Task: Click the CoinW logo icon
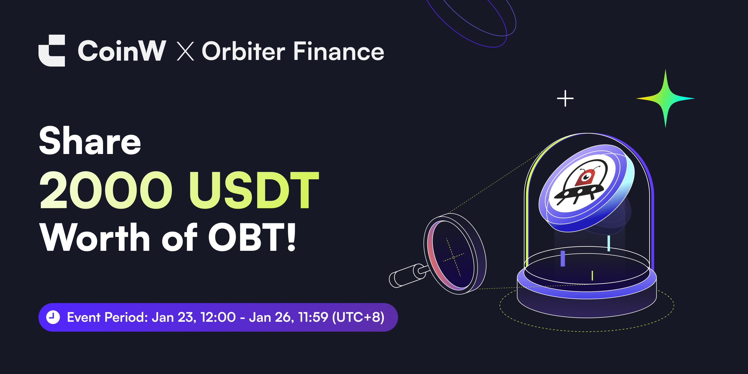point(52,51)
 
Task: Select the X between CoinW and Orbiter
point(185,51)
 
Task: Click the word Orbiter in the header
point(243,51)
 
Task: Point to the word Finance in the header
point(339,51)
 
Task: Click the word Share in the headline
point(90,142)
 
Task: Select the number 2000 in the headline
point(106,190)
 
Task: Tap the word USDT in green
point(254,190)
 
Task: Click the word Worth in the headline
point(95,238)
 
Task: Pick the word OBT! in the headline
point(252,238)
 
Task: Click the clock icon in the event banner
point(53,317)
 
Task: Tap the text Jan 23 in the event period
point(172,317)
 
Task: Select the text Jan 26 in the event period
point(270,317)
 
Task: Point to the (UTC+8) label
point(358,317)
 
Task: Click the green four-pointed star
point(665,99)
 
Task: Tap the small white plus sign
point(565,98)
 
